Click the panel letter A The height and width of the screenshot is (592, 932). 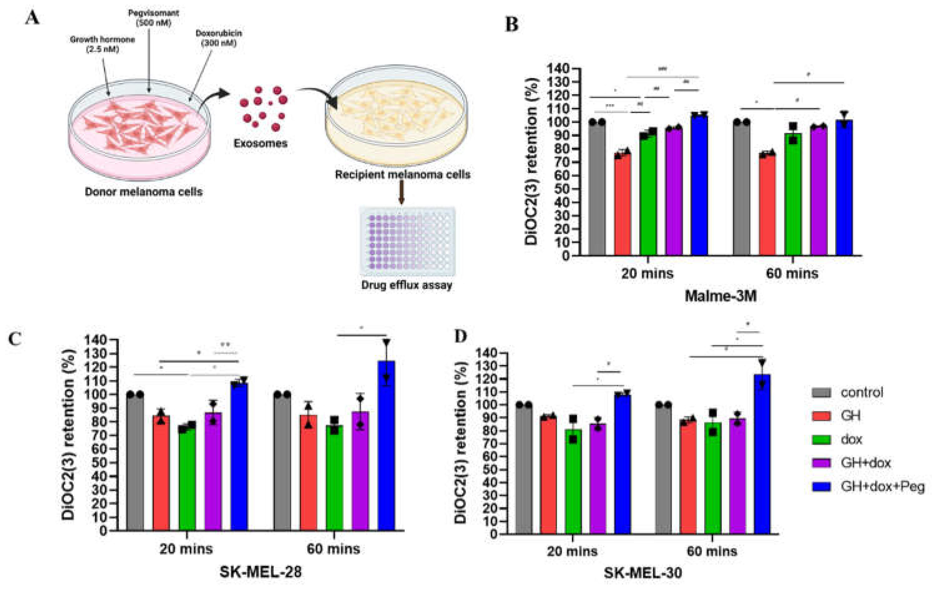(x=32, y=18)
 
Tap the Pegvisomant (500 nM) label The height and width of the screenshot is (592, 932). (x=154, y=17)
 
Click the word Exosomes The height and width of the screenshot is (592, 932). (x=261, y=143)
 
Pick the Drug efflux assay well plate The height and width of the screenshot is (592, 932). (x=407, y=241)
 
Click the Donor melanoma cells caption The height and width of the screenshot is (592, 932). (x=144, y=192)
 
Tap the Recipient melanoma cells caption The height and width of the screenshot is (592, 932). (x=403, y=175)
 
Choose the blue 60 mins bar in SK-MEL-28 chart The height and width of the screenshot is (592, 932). (x=386, y=445)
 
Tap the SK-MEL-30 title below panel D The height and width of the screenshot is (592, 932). (x=643, y=573)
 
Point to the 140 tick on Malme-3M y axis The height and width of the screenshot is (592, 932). (x=558, y=69)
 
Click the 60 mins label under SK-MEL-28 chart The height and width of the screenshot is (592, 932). (x=333, y=549)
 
